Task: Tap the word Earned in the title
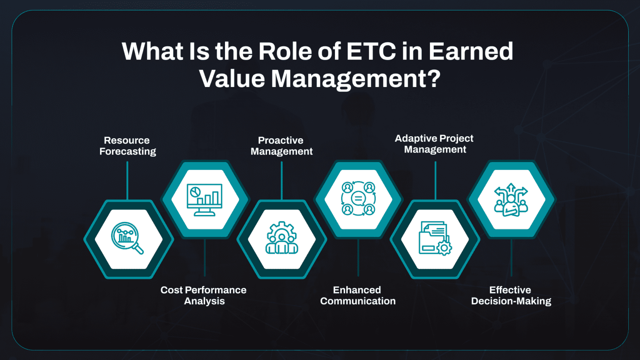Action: [x=471, y=51]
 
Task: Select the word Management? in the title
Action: [x=355, y=79]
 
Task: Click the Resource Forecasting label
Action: [x=127, y=146]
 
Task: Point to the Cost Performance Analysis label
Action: [x=204, y=295]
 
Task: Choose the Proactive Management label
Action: [x=281, y=146]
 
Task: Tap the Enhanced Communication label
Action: [x=357, y=295]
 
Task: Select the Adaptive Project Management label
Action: [x=434, y=144]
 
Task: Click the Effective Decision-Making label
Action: [x=511, y=295]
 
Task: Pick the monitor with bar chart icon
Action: [x=204, y=200]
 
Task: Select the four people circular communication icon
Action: [x=358, y=199]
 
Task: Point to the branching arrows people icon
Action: [x=511, y=200]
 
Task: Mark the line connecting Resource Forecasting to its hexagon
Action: [x=127, y=180]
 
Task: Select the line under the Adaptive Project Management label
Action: [x=435, y=180]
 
